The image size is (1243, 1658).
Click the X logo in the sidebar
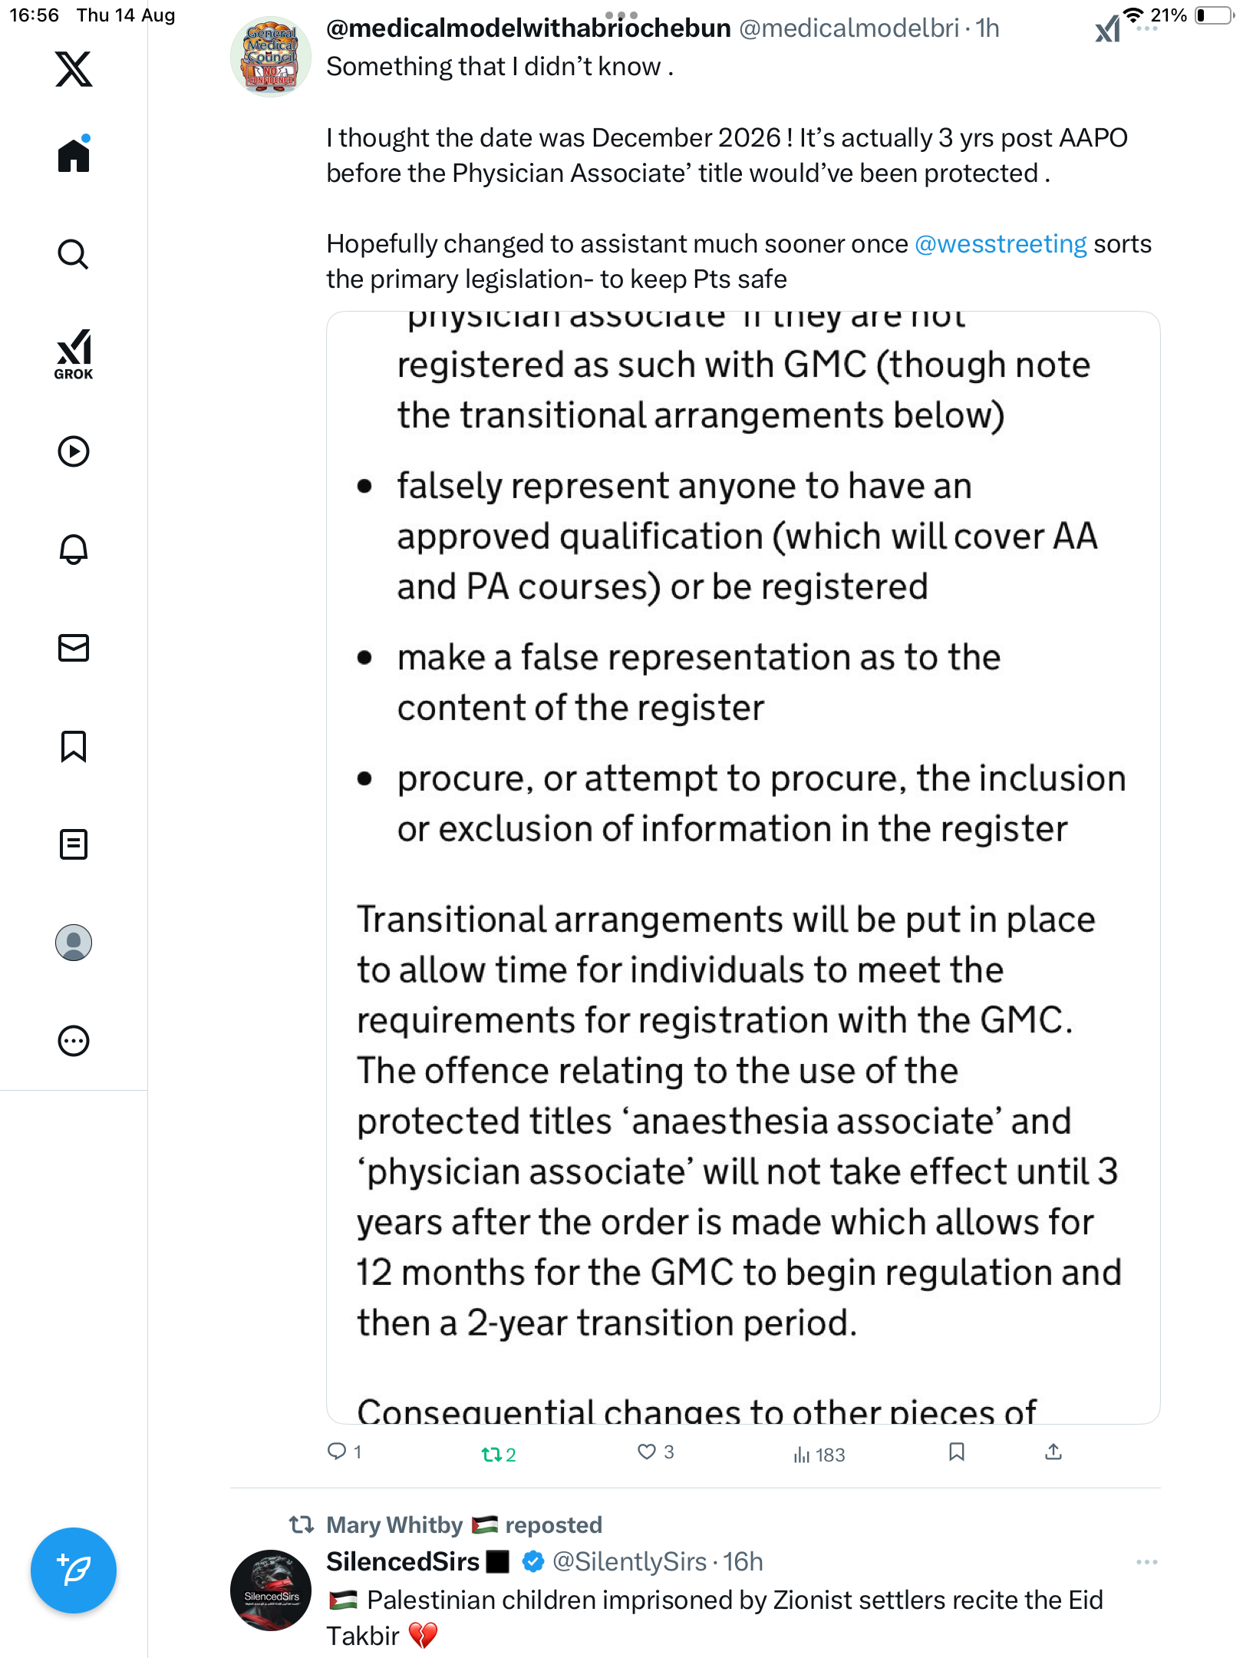pos(74,69)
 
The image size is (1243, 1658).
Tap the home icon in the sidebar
pos(74,156)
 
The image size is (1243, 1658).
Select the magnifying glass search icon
pos(74,254)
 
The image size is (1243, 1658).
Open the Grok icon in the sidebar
pos(74,354)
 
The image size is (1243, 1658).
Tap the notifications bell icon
pos(74,549)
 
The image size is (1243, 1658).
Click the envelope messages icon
pos(74,648)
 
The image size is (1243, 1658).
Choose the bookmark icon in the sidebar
pos(74,746)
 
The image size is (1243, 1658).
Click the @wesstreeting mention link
pos(1001,244)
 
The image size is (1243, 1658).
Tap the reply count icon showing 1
pos(337,1451)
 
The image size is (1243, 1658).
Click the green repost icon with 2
pos(492,1454)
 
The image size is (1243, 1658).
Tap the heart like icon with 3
pos(647,1452)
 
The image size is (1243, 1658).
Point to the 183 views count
pos(820,1455)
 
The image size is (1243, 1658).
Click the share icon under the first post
pos(1053,1452)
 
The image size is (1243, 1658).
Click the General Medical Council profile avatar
pos(271,57)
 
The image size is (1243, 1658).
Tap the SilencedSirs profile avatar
pos(271,1590)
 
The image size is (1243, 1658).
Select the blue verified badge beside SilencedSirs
pos(533,1561)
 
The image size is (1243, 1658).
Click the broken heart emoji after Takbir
pos(423,1636)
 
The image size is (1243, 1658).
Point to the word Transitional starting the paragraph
pos(452,920)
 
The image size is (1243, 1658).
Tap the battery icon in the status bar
pos(1212,15)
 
